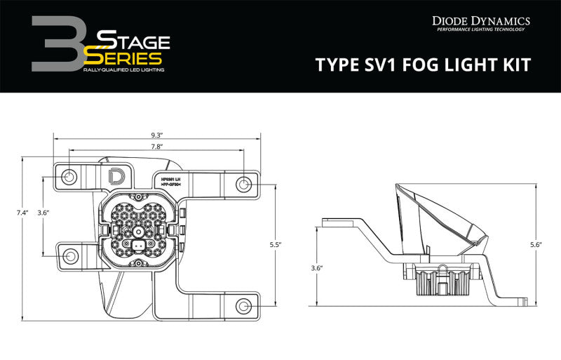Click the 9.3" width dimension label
[x=156, y=135]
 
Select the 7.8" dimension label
[x=156, y=147]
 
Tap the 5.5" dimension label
[x=275, y=244]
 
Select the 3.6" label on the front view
[x=43, y=213]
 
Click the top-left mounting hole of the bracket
[x=69, y=176]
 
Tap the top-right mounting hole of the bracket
[x=243, y=185]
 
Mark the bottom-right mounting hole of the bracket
[x=243, y=307]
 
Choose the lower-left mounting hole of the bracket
[x=69, y=255]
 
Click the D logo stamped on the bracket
[x=113, y=175]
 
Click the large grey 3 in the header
[x=57, y=46]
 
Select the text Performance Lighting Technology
[x=480, y=30]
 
